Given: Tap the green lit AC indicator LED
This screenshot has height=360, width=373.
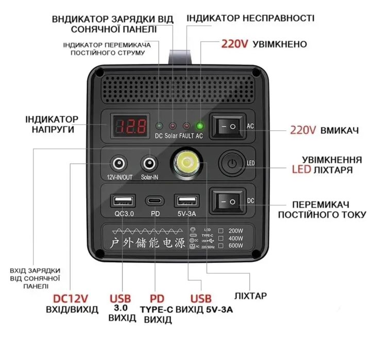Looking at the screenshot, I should pos(199,126).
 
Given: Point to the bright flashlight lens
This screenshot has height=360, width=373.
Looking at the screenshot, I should pos(185,164).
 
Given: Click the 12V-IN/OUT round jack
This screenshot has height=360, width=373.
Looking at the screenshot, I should pos(120,164).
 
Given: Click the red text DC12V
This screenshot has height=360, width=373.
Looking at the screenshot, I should pos(71,299).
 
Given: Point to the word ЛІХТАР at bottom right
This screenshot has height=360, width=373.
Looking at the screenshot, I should pos(250,297).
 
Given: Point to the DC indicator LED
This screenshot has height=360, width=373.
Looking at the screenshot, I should pos(159,126).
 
